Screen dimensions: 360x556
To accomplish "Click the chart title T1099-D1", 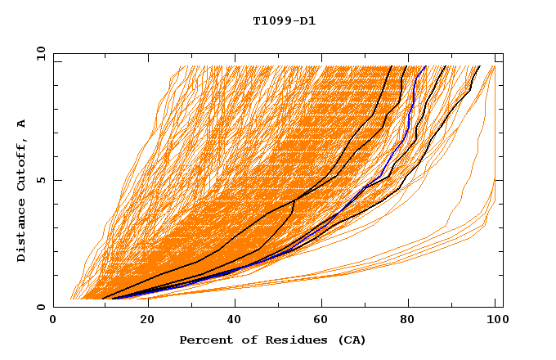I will click(284, 20).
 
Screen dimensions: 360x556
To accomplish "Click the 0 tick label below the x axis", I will click(54, 322).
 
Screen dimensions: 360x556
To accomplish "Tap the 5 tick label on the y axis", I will click(41, 180).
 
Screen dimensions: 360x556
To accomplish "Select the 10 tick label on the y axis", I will click(38, 53).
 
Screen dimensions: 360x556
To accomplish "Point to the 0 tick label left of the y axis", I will click(41, 307).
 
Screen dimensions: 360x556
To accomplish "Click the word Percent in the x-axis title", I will click(204, 340).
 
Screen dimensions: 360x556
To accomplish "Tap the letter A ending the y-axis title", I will click(22, 124).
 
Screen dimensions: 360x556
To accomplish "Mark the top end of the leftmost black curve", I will click(392, 66).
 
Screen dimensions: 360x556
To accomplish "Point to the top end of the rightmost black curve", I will click(479, 66).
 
